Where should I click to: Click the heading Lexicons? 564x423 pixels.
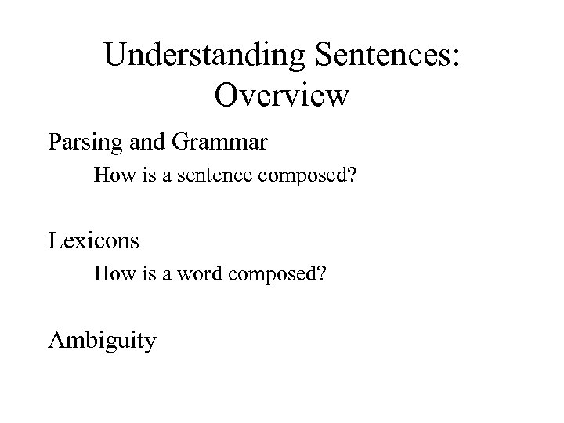[93, 240]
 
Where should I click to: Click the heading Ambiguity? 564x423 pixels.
[102, 341]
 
